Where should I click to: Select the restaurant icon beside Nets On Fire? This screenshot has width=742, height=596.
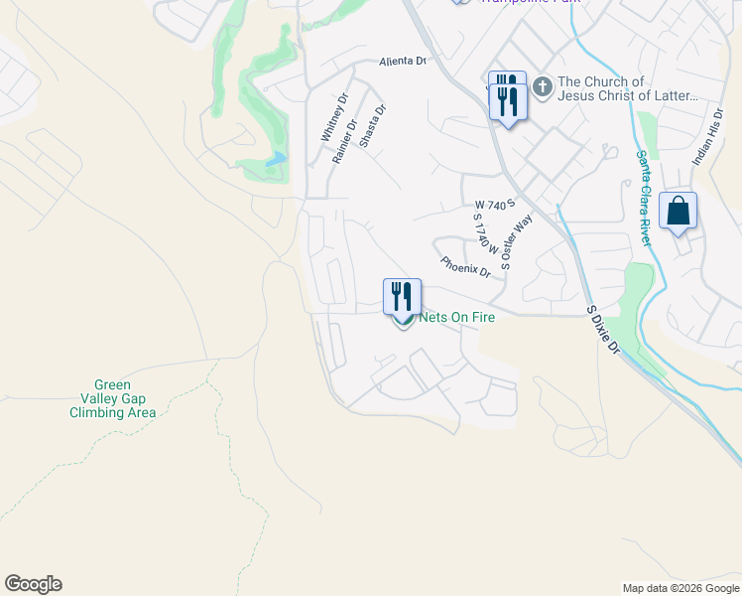pyautogui.click(x=403, y=296)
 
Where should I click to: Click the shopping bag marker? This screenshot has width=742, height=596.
pyautogui.click(x=679, y=212)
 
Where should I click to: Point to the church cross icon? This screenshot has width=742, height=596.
pyautogui.click(x=543, y=87)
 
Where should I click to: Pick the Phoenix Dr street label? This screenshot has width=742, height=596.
pyautogui.click(x=465, y=266)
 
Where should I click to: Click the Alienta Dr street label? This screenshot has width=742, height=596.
pyautogui.click(x=402, y=62)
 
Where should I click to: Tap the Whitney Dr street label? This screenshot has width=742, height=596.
pyautogui.click(x=332, y=117)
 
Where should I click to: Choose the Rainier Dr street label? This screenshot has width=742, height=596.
pyautogui.click(x=343, y=142)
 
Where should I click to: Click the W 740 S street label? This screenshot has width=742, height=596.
pyautogui.click(x=495, y=204)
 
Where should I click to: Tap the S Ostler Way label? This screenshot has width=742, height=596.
pyautogui.click(x=517, y=241)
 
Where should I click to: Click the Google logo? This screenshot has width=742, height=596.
pyautogui.click(x=33, y=584)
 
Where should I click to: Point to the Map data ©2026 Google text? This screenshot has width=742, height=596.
pyautogui.click(x=680, y=588)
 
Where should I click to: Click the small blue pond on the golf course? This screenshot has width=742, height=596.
pyautogui.click(x=276, y=159)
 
